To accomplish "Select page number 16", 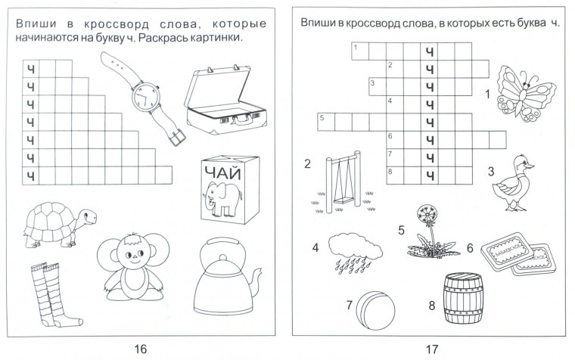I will (140, 349).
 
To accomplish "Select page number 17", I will (431, 349).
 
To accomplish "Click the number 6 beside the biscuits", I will (470, 247).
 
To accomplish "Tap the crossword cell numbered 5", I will (325, 121).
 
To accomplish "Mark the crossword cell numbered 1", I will (359, 51).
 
